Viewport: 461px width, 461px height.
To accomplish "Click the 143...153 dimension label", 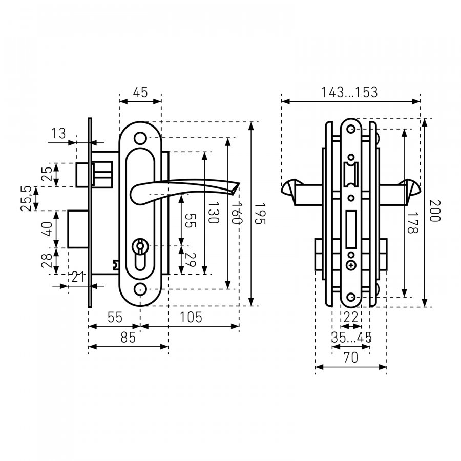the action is pyautogui.click(x=349, y=92).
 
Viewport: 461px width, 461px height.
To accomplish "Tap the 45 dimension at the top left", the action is pyautogui.click(x=140, y=92).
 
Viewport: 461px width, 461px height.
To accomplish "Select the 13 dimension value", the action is pyautogui.click(x=58, y=134).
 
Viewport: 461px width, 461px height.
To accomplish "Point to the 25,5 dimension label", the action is pyautogui.click(x=27, y=198).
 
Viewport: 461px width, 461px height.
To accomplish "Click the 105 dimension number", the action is pyautogui.click(x=191, y=318).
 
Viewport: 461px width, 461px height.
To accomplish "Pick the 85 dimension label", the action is pyautogui.click(x=128, y=338).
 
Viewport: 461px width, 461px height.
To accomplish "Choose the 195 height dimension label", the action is pyautogui.click(x=260, y=214).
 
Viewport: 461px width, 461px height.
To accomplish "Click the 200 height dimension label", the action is pyautogui.click(x=435, y=211).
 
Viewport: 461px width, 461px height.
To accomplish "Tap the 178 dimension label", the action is pyautogui.click(x=412, y=223).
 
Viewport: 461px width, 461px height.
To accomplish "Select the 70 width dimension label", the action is pyautogui.click(x=351, y=358).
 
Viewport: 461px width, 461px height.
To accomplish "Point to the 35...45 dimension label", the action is pyautogui.click(x=351, y=338).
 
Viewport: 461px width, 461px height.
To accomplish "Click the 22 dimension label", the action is pyautogui.click(x=351, y=318).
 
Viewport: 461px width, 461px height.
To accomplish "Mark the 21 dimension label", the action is pyautogui.click(x=78, y=277).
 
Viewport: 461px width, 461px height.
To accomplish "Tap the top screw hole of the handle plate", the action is pyautogui.click(x=140, y=138).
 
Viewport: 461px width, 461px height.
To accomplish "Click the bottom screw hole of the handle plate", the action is pyautogui.click(x=140, y=289).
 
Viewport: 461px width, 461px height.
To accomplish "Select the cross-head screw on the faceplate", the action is pyautogui.click(x=351, y=265).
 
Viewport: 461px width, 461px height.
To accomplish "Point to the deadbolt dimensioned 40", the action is pyautogui.click(x=78, y=229).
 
